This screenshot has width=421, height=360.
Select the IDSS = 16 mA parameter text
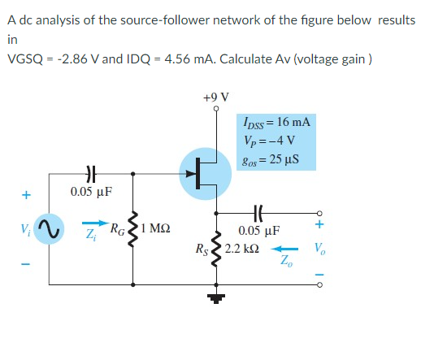point(276,123)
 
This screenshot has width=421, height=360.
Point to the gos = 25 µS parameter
point(271,158)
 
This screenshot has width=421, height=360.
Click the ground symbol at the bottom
point(216,297)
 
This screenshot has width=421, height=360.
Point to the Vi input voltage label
point(25,228)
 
